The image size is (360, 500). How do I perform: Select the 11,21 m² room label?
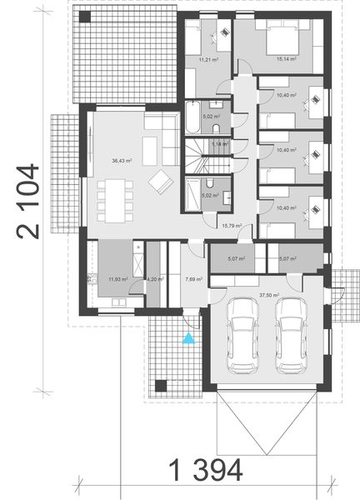208,60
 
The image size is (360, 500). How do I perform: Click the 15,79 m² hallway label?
229,225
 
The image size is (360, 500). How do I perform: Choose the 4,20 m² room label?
153,279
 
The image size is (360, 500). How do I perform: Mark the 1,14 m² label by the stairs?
219,144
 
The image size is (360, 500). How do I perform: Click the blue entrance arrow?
188,337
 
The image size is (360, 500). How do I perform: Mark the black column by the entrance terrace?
162,386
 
